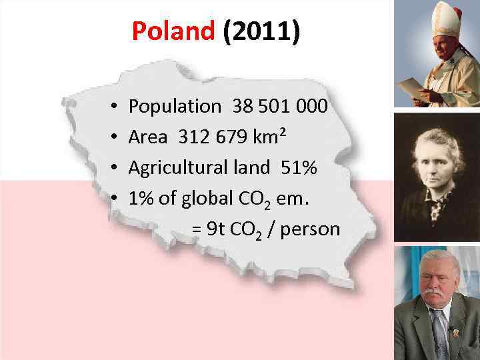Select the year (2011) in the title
[261, 31]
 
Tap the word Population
[174, 106]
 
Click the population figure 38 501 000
[280, 106]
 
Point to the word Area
[149, 137]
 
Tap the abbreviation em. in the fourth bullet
[297, 198]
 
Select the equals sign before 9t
[197, 230]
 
